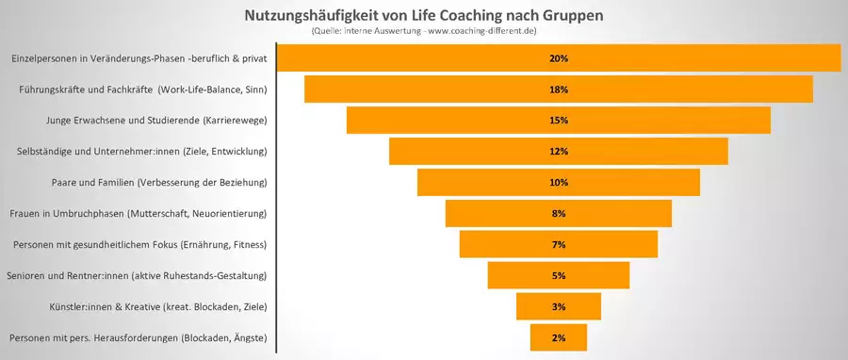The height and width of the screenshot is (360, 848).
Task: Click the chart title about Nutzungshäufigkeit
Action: pos(423,16)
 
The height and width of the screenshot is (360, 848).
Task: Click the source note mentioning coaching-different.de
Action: pos(423,33)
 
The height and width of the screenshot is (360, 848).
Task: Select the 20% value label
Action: pos(558,58)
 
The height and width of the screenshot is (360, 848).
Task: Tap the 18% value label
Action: pos(558,90)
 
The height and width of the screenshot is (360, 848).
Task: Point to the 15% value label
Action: pos(558,121)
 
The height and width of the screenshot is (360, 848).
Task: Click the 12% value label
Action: pos(558,152)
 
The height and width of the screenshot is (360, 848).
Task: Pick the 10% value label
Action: pos(558,183)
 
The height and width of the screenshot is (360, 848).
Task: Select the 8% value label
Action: pos(558,214)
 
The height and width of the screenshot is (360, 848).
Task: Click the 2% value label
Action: pos(558,337)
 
